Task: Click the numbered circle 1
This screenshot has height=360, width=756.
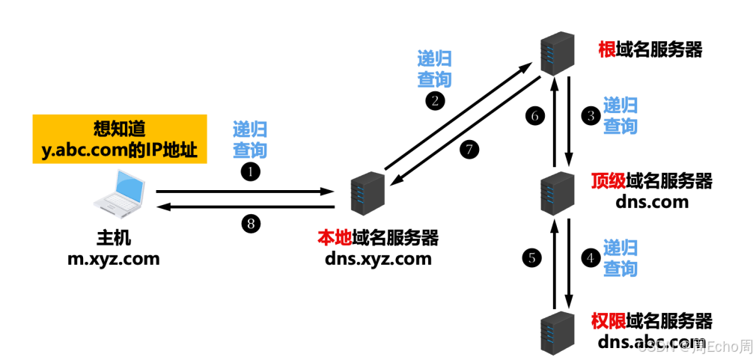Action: pyautogui.click(x=249, y=171)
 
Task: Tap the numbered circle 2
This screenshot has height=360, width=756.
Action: pyautogui.click(x=433, y=101)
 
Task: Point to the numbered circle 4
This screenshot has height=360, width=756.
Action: pyautogui.click(x=591, y=258)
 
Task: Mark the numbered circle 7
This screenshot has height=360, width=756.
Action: pyautogui.click(x=469, y=149)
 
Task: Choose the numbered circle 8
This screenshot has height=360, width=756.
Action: pyautogui.click(x=249, y=222)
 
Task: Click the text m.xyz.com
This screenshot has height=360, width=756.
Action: pyautogui.click(x=114, y=259)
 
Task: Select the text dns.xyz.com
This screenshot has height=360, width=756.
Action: pyautogui.click(x=378, y=259)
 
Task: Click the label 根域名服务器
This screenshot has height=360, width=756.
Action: pyautogui.click(x=650, y=50)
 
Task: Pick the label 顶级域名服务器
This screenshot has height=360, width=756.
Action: pyautogui.click(x=651, y=181)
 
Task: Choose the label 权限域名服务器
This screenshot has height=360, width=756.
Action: pyautogui.click(x=651, y=322)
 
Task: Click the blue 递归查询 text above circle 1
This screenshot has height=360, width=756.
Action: pyautogui.click(x=249, y=139)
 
